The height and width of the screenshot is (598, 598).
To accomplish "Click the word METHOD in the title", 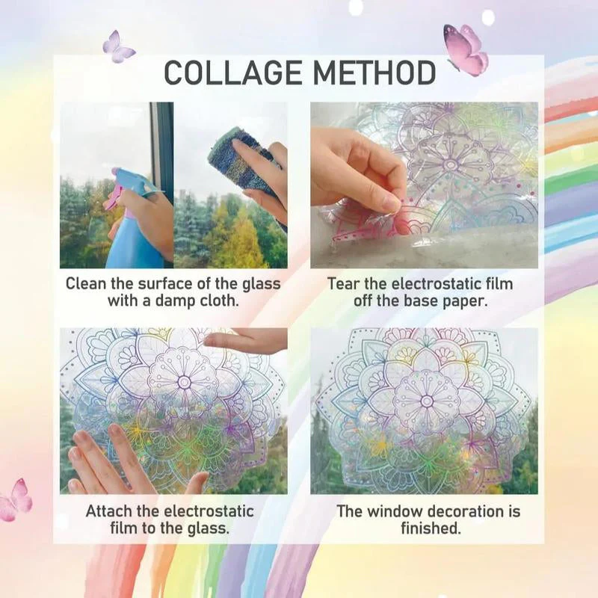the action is pos(375,73).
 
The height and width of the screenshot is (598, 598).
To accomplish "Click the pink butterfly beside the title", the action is pos(466,49).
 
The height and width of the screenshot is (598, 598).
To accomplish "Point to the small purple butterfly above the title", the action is pos(118,47).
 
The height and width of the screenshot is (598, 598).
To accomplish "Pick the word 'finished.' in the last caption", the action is pos(431,528).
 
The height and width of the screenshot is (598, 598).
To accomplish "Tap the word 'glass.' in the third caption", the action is pos(208,528).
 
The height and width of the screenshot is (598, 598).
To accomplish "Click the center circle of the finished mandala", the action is pos(426,401).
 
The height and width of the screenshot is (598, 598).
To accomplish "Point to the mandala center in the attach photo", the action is pos(185,382).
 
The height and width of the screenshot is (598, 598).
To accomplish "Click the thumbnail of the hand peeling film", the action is pos(424,185).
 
